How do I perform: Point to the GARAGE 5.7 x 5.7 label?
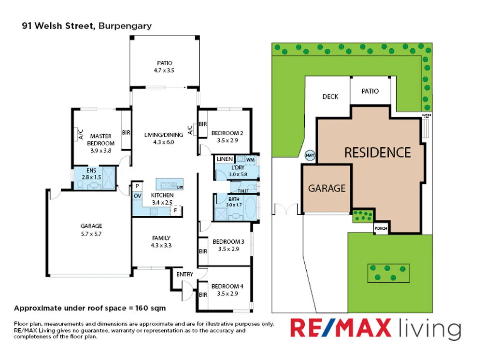pyautogui.click(x=91, y=229)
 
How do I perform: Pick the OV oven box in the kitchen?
pyautogui.click(x=137, y=195)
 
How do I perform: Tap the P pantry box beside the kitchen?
pyautogui.click(x=137, y=186)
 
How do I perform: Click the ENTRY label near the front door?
pyautogui.click(x=185, y=274)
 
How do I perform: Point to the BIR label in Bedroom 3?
pyautogui.click(x=203, y=251)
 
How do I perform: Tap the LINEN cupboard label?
pyautogui.click(x=225, y=159)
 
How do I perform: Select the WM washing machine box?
pyautogui.click(x=250, y=159)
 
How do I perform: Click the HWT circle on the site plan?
pyautogui.click(x=310, y=155)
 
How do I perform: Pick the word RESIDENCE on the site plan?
pyautogui.click(x=377, y=153)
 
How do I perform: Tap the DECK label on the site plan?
pyautogui.click(x=330, y=97)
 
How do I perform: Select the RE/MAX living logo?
pyautogui.click(x=375, y=329)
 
